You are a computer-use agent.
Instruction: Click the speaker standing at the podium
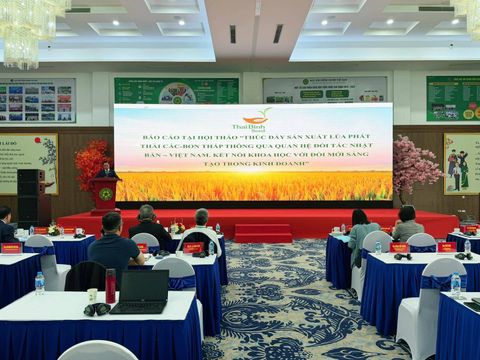click(x=106, y=170)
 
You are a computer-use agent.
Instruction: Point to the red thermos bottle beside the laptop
click(x=110, y=286)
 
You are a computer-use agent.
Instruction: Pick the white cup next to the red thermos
click(x=92, y=295)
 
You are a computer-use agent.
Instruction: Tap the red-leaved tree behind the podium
click(x=90, y=160)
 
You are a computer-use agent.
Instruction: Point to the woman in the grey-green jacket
click(x=362, y=237)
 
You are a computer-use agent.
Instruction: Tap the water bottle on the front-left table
click(x=39, y=284)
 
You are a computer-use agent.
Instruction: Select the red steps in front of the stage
click(x=263, y=232)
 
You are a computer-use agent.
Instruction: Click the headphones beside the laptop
click(x=97, y=309)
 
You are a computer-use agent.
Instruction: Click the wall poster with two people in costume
click(x=461, y=163)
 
